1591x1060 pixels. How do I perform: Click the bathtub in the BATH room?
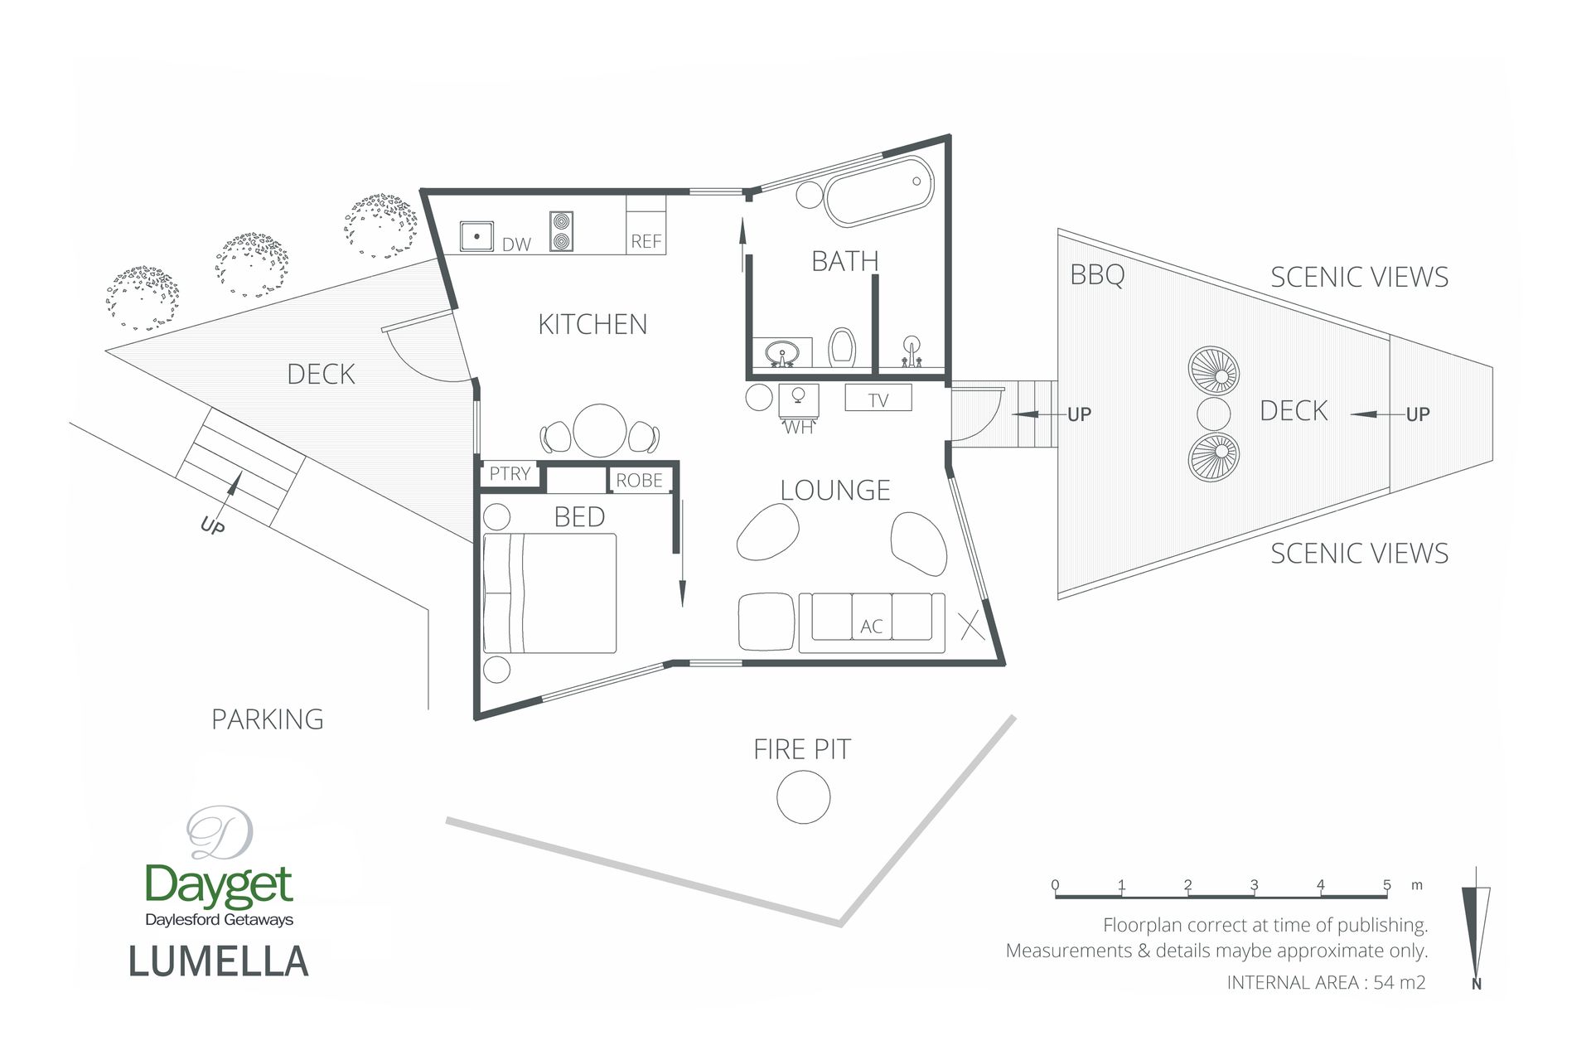click(x=878, y=191)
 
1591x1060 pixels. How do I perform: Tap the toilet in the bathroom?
click(x=842, y=347)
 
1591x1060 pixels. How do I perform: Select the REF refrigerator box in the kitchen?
click(x=646, y=225)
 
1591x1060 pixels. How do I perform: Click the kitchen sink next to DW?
click(x=476, y=236)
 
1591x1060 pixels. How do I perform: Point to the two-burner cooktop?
click(x=561, y=231)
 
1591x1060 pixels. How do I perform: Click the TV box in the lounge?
click(x=878, y=398)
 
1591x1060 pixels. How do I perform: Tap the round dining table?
click(x=600, y=430)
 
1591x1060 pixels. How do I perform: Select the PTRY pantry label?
click(x=510, y=473)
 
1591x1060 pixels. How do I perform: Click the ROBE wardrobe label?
click(x=639, y=480)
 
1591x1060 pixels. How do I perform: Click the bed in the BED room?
click(x=550, y=593)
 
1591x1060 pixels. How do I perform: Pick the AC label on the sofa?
click(x=871, y=627)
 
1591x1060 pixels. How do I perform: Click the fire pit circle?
click(x=803, y=796)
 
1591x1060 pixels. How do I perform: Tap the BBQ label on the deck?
click(x=1097, y=274)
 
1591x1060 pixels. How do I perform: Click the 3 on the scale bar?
click(x=1255, y=885)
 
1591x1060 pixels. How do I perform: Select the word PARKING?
click(x=268, y=719)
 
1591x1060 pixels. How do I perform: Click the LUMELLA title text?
click(x=219, y=961)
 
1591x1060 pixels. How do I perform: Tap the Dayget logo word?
click(x=219, y=885)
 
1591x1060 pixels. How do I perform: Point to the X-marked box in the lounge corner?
click(x=972, y=625)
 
